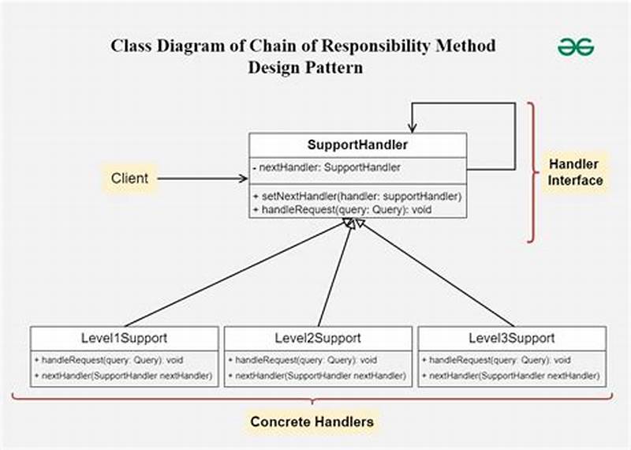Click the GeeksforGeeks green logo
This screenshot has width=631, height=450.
point(576,47)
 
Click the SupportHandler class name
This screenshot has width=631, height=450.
point(357,146)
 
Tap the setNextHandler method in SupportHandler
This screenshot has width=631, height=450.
point(357,196)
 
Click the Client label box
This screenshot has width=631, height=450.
point(129,178)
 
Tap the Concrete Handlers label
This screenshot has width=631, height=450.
point(312,422)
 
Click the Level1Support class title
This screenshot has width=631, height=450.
point(124,338)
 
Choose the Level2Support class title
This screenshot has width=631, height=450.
point(318,338)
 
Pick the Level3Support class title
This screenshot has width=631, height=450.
point(511,338)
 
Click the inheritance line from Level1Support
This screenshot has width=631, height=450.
point(237,272)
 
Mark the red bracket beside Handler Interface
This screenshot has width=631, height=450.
point(534,172)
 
